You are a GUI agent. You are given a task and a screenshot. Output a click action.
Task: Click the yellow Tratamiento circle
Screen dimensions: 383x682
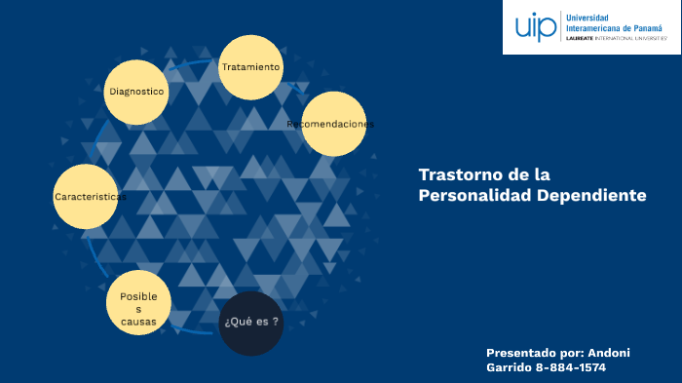(x=250, y=68)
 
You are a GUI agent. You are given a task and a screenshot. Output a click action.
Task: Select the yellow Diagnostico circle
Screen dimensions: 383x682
(x=136, y=92)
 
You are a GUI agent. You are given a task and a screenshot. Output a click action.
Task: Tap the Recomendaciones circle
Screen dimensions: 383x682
(x=333, y=124)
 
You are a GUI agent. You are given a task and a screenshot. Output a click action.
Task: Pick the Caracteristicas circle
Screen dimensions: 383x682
(x=87, y=196)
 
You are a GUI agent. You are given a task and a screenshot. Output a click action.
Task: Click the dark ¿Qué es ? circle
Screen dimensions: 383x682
(x=251, y=323)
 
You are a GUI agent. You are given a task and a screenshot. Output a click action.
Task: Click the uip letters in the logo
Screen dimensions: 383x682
(x=535, y=26)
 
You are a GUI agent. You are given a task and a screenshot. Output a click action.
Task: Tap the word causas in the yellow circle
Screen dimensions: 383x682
(x=138, y=321)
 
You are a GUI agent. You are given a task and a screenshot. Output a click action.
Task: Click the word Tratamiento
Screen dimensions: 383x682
(x=250, y=67)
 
